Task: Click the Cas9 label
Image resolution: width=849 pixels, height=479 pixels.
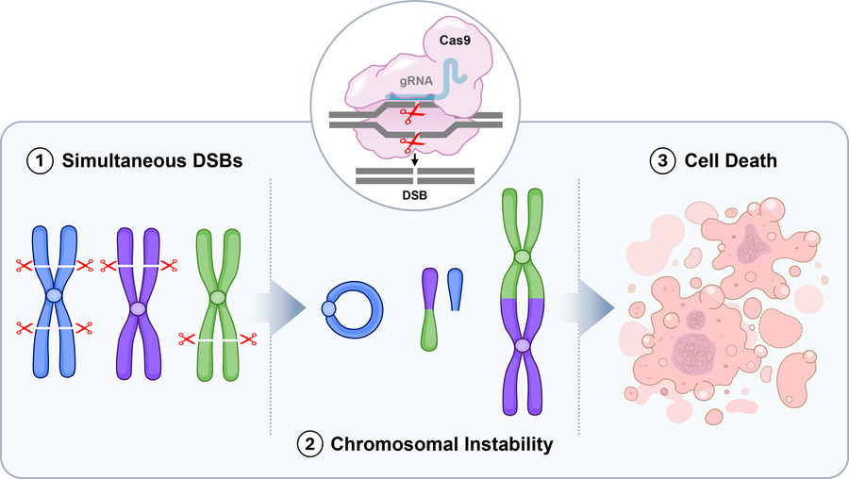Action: tap(455, 40)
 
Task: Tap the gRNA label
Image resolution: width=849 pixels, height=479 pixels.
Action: tap(416, 81)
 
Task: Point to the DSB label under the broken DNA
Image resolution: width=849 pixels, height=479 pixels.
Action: tap(415, 195)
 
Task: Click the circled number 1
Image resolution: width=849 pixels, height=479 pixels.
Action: tap(40, 161)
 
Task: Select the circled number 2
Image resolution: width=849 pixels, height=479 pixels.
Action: tap(309, 444)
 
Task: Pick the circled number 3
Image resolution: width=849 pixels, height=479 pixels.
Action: tap(662, 161)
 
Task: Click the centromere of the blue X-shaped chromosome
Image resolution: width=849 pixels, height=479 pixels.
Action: tap(54, 295)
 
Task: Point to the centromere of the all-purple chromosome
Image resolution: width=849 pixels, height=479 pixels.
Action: tap(139, 309)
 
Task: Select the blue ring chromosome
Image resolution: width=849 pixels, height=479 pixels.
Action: tap(354, 309)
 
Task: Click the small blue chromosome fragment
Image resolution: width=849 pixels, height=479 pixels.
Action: tap(456, 289)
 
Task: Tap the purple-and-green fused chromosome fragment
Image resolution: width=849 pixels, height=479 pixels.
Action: tap(429, 309)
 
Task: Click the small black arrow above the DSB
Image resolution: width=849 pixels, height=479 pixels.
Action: tap(414, 160)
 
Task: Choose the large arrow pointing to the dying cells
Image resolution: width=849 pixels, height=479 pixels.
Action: tap(588, 308)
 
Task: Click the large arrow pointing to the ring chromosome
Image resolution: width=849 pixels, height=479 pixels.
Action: tap(278, 308)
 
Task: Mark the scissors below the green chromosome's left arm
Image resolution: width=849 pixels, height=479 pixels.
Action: tap(187, 339)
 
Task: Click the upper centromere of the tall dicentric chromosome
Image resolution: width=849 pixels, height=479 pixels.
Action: tap(522, 256)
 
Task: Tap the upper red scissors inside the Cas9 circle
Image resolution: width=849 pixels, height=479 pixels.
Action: tap(411, 114)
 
